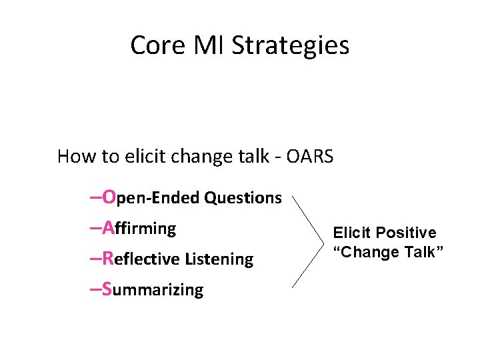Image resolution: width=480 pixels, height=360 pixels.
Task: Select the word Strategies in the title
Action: click(x=290, y=45)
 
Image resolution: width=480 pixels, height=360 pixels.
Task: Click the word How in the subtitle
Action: click(x=73, y=157)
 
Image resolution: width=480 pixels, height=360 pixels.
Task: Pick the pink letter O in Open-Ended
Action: click(x=110, y=197)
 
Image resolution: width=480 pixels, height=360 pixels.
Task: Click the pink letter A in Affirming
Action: click(x=109, y=228)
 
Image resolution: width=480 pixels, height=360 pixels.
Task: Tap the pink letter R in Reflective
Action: click(x=109, y=259)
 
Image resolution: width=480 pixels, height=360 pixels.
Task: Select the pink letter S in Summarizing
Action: click(x=109, y=289)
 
